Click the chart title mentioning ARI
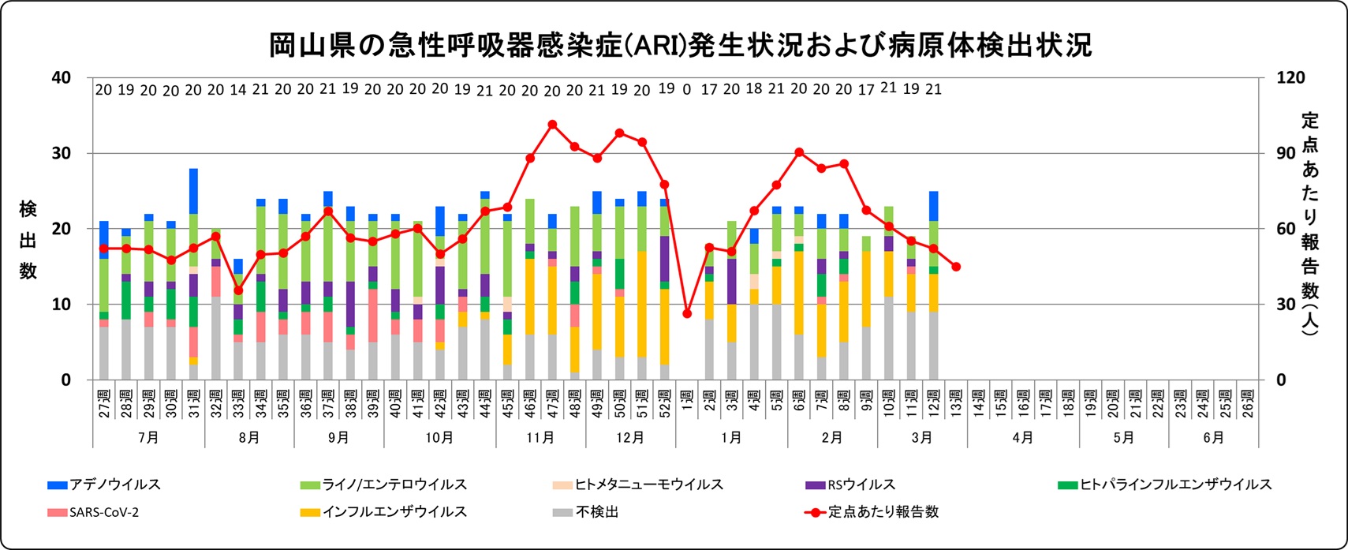680,45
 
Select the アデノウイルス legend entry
114,485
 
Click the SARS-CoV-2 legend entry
103,512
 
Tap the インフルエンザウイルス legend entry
394,512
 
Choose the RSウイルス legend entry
861,485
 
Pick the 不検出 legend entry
596,512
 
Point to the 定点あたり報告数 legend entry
883,512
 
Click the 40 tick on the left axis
61,77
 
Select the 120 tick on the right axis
1290,77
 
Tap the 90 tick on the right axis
1286,153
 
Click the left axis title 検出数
28,240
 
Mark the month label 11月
540,437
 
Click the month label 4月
1022,437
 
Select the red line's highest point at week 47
552,124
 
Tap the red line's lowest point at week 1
687,313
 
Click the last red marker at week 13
956,267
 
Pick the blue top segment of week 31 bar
193,191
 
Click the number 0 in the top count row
687,90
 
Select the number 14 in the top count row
238,90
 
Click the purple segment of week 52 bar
665,258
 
